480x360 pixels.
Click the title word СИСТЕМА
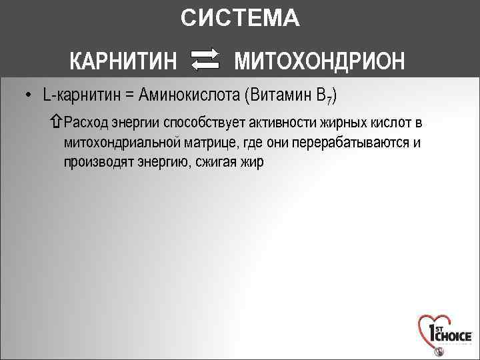point(240,19)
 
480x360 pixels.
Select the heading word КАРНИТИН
point(123,61)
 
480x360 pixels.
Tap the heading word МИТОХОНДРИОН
point(319,61)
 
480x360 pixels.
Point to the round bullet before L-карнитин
point(28,95)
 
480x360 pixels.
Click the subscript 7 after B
point(328,101)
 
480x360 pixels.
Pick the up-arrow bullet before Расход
point(56,123)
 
